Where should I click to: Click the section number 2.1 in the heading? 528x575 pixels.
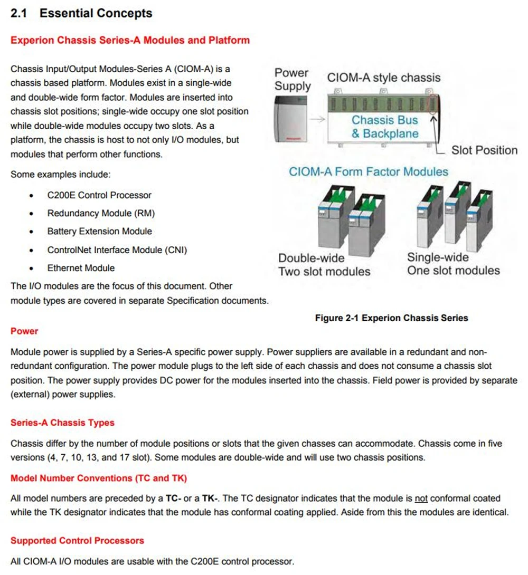[x=19, y=14]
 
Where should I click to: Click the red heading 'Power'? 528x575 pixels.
[x=24, y=331]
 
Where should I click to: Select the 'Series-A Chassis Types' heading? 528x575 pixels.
[x=62, y=423]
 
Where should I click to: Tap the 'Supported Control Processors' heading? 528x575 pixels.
[x=77, y=540]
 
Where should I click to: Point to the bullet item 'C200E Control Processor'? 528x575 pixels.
[x=99, y=195]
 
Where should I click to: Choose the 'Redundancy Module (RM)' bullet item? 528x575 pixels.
[x=101, y=213]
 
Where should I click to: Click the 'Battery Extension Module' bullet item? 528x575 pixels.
[x=99, y=231]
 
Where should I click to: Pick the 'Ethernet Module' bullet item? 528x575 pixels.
[x=81, y=268]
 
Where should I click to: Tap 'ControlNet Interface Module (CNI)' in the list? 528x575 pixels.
[x=117, y=250]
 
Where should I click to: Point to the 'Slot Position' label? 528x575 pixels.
[x=484, y=150]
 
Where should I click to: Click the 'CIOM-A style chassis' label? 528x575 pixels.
[x=384, y=78]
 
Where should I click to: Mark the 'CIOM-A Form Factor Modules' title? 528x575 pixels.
[x=369, y=171]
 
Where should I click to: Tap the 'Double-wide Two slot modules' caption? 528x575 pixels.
[x=324, y=265]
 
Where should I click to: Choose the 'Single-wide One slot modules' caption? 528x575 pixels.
[x=453, y=264]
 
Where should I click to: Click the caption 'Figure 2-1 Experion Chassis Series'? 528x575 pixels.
[x=391, y=318]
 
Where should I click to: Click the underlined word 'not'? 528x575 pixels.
[x=421, y=498]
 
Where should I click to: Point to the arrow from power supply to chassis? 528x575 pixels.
[x=317, y=120]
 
